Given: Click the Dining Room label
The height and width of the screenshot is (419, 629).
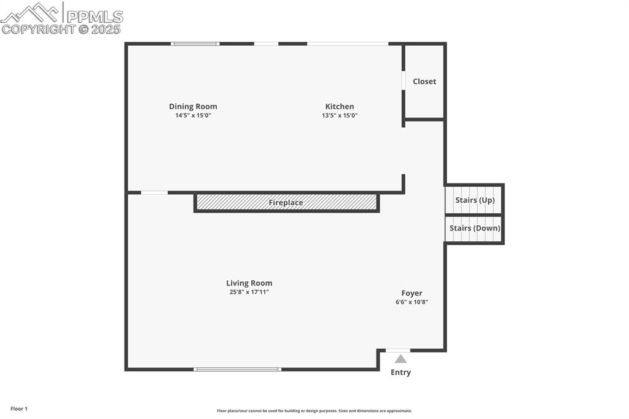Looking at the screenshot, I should [x=193, y=106].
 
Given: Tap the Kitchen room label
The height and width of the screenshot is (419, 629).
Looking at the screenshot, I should [x=339, y=106].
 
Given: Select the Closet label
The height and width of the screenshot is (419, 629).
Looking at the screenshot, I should [x=424, y=81].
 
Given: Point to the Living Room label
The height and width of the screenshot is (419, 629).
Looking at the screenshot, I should [x=249, y=283].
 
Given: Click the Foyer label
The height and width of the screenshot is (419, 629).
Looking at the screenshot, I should [x=412, y=293].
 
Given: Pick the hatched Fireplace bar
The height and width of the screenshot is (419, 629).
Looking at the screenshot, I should [x=286, y=202].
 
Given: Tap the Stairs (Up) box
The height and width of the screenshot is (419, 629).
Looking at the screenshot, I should [x=474, y=200].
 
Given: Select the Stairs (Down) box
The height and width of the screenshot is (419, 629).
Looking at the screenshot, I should [x=474, y=229].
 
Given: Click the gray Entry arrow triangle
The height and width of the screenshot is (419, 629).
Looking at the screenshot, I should [x=400, y=359].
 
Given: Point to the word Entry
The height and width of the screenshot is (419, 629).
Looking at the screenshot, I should [x=400, y=372].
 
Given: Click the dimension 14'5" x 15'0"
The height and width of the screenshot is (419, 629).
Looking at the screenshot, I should [x=193, y=116].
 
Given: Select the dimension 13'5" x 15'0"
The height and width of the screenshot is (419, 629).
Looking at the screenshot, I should [x=339, y=116].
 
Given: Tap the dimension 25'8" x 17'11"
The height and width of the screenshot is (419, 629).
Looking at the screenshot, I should [x=249, y=292].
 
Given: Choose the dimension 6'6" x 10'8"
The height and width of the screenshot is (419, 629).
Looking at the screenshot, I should [x=412, y=302].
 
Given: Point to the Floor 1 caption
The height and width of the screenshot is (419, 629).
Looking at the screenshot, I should [x=19, y=409].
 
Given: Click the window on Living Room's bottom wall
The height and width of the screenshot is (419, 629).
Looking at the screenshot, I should [x=237, y=369].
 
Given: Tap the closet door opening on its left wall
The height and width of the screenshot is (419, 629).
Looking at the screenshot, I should [x=404, y=80].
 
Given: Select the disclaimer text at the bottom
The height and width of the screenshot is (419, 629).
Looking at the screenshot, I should [x=314, y=411].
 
